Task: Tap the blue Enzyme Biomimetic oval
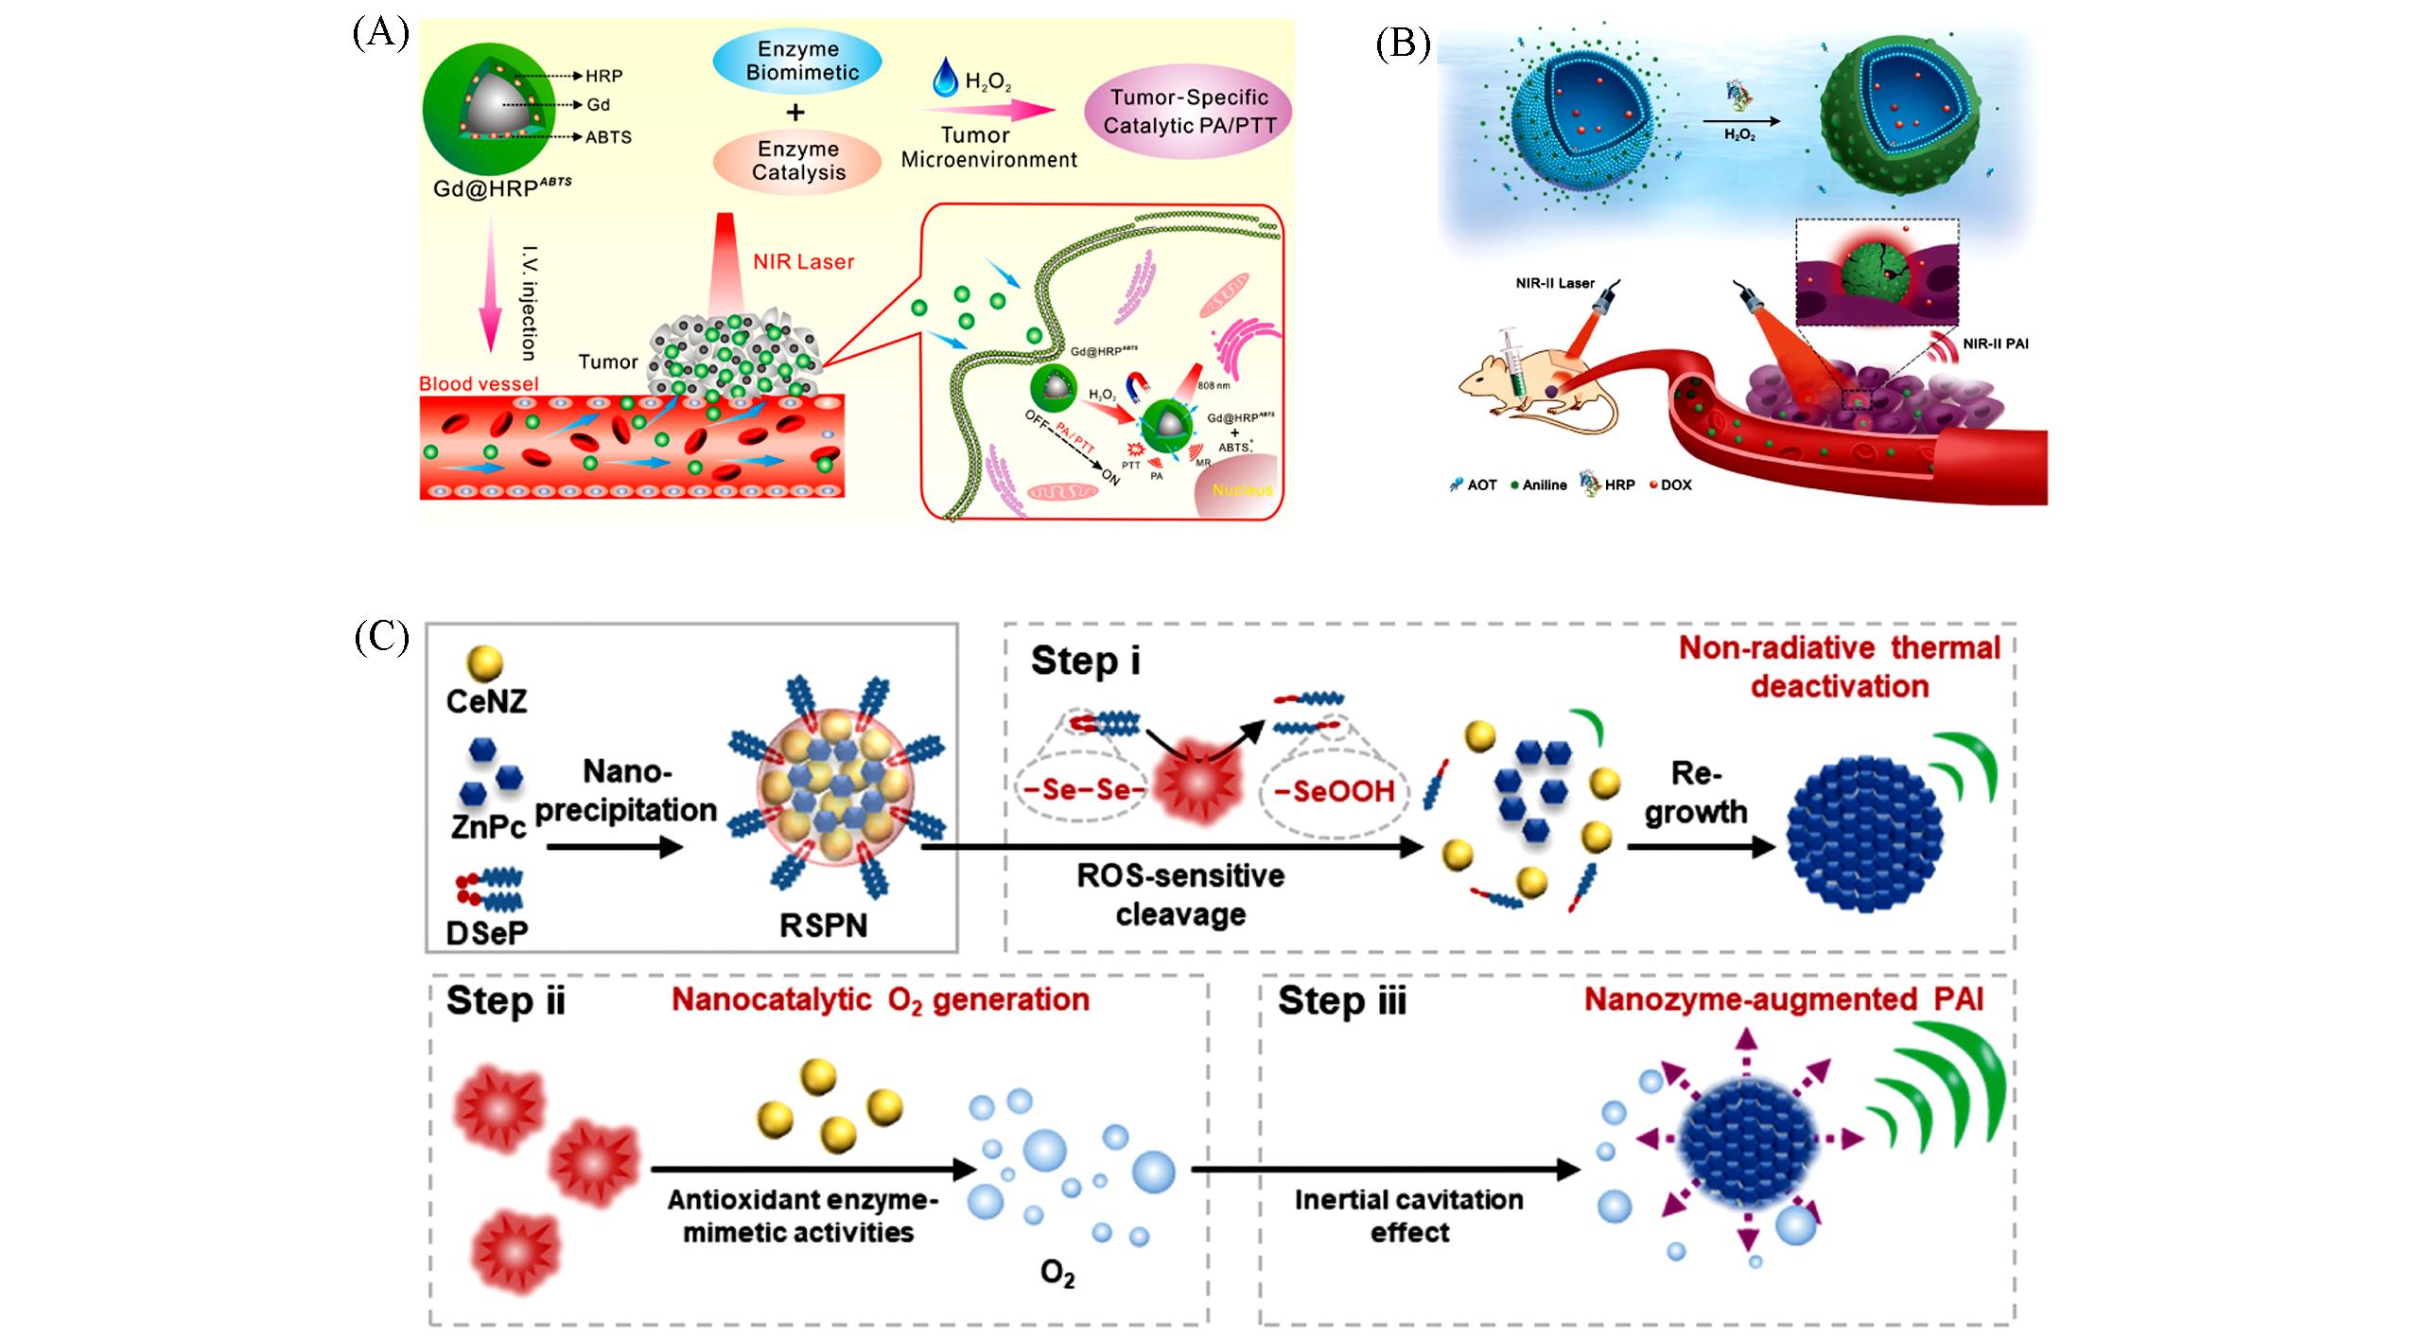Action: pyautogui.click(x=796, y=61)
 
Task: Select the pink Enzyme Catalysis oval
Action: pyautogui.click(x=798, y=160)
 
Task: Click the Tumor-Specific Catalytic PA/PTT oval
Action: pyautogui.click(x=1189, y=111)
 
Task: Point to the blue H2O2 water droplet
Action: pyautogui.click(x=944, y=78)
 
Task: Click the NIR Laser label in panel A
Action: pyautogui.click(x=803, y=262)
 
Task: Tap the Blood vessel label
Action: pyautogui.click(x=479, y=383)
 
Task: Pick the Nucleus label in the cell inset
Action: pyautogui.click(x=1242, y=489)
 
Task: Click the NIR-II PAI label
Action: pyautogui.click(x=1995, y=344)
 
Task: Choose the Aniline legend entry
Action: pyautogui.click(x=1539, y=485)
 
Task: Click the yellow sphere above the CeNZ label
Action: pyautogui.click(x=485, y=663)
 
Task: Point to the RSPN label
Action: pyautogui.click(x=823, y=924)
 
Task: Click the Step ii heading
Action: pyautogui.click(x=505, y=1000)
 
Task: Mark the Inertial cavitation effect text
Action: pyautogui.click(x=1408, y=1215)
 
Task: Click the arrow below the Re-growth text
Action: pyautogui.click(x=1701, y=847)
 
